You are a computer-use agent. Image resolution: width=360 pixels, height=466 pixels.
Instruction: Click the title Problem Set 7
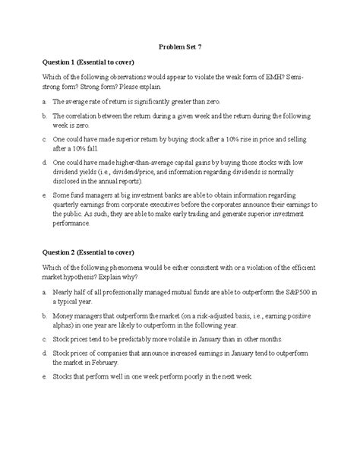tap(180, 46)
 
